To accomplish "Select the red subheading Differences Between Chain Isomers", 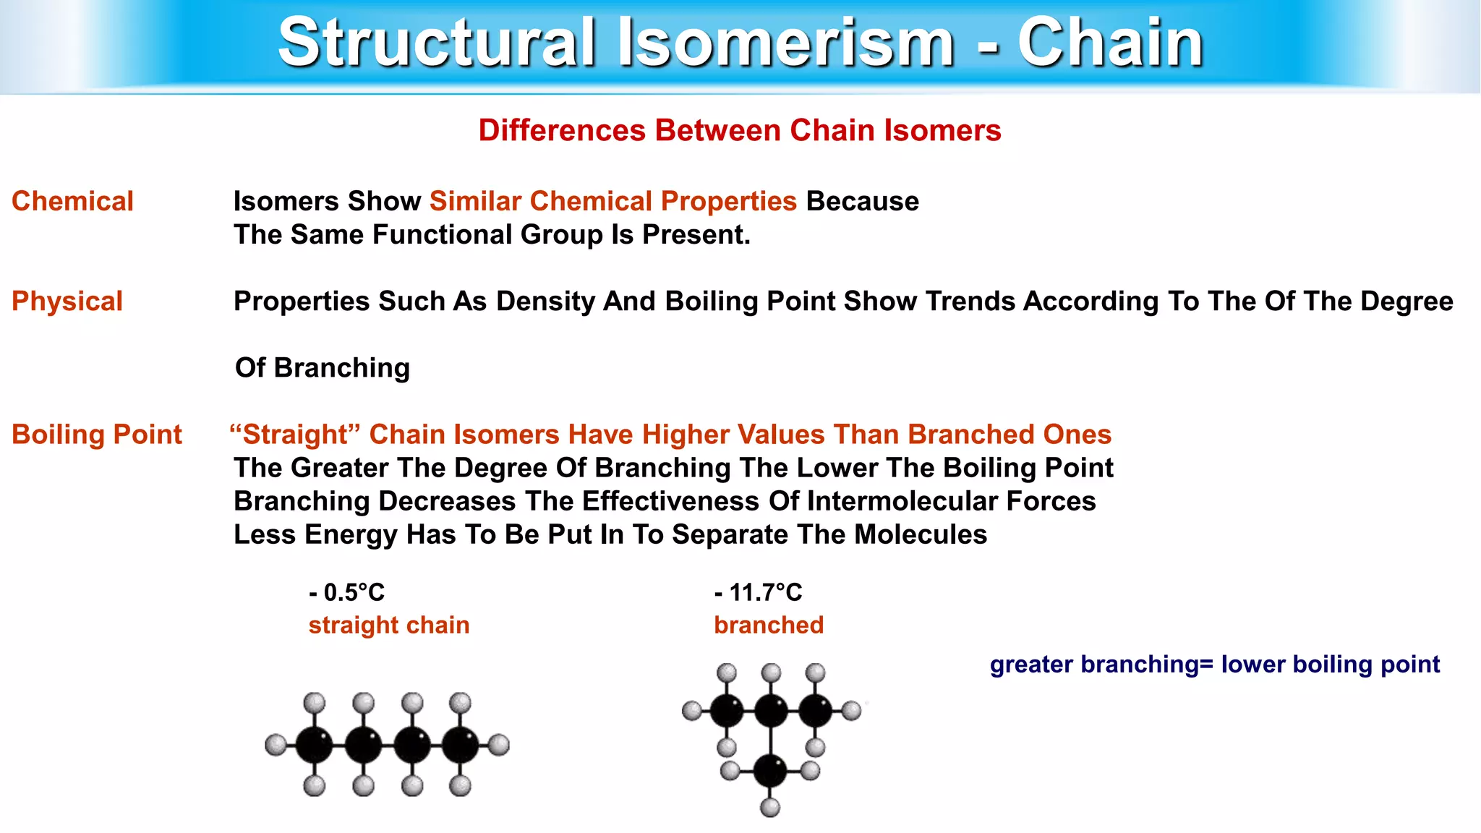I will tap(739, 131).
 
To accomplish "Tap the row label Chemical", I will tap(72, 201).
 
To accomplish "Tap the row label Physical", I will tap(67, 301).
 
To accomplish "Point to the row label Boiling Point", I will tap(97, 435).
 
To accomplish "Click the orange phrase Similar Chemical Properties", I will tap(613, 201).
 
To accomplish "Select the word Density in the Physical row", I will tap(545, 302).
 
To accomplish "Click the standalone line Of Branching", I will tap(323, 368).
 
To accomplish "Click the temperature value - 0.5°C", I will tap(346, 593).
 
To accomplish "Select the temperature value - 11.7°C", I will tap(758, 593).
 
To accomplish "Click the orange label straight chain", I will tap(389, 625).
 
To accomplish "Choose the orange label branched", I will tap(769, 625).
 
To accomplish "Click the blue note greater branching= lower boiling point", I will tap(1215, 664).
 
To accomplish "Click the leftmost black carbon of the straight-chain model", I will tap(315, 745).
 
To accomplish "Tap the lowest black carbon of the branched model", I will tap(770, 771).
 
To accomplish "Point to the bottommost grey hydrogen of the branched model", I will tap(770, 807).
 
